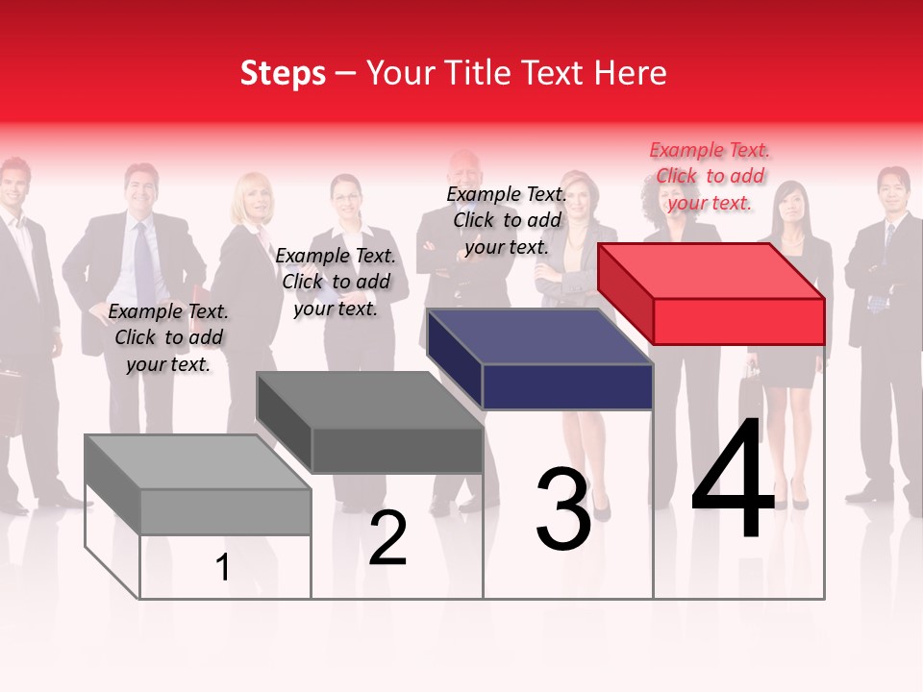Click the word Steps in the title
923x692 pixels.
pyautogui.click(x=283, y=73)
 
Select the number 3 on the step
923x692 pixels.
pyautogui.click(x=563, y=509)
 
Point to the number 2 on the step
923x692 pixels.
pyautogui.click(x=387, y=538)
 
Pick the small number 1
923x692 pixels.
pyautogui.click(x=223, y=568)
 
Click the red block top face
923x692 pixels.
pyautogui.click(x=710, y=270)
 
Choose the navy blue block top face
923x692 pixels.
pyautogui.click(x=539, y=336)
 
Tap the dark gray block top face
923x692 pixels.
pyautogui.click(x=368, y=399)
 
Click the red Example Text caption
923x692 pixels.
pyautogui.click(x=710, y=176)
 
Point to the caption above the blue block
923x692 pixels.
pyautogui.click(x=507, y=220)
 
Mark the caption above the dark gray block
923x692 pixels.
pyautogui.click(x=336, y=282)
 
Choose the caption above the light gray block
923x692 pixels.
pyautogui.click(x=168, y=337)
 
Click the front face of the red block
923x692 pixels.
pyautogui.click(x=738, y=321)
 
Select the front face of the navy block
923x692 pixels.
pyautogui.click(x=567, y=387)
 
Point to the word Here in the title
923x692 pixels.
pyautogui.click(x=631, y=73)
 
